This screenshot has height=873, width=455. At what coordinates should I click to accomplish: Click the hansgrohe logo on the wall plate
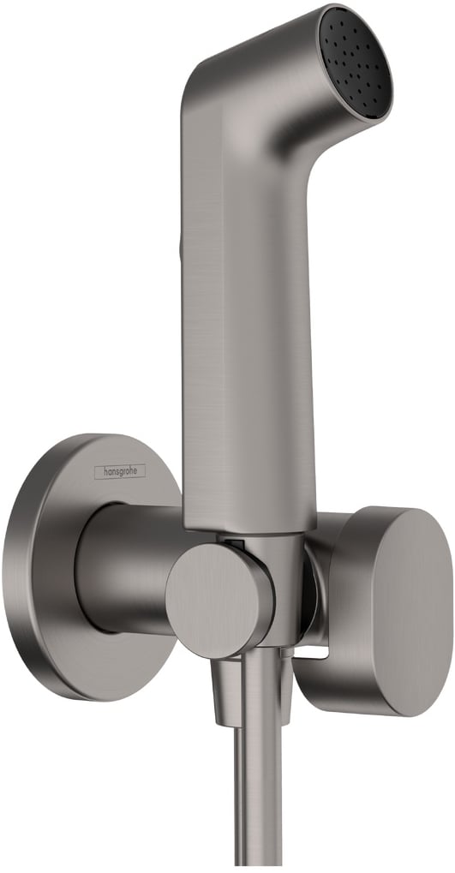pyautogui.click(x=119, y=470)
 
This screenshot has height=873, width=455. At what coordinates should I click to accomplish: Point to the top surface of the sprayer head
pyautogui.click(x=257, y=43)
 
